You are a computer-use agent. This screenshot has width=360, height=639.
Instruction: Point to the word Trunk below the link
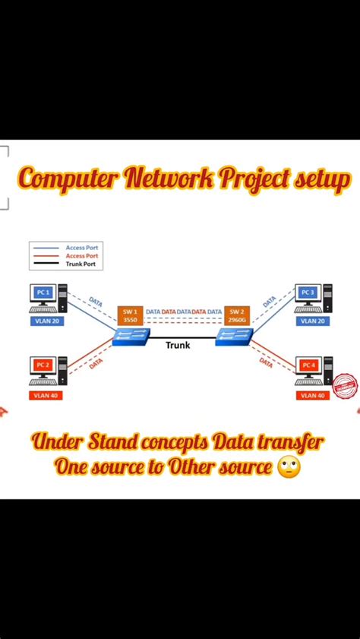pos(178,346)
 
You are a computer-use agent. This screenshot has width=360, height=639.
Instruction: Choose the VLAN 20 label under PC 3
pos(312,321)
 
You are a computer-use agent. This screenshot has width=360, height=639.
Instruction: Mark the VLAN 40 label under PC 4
pos(312,395)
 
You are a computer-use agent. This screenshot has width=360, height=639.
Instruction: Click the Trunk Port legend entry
pos(82,264)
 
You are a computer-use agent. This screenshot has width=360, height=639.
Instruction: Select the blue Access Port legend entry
pos(82,247)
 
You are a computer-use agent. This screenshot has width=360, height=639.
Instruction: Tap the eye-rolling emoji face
pos(289,467)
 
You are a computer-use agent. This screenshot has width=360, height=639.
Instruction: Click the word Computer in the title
pos(68,179)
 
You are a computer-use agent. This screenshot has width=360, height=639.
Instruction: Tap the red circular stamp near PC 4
pos(346,385)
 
